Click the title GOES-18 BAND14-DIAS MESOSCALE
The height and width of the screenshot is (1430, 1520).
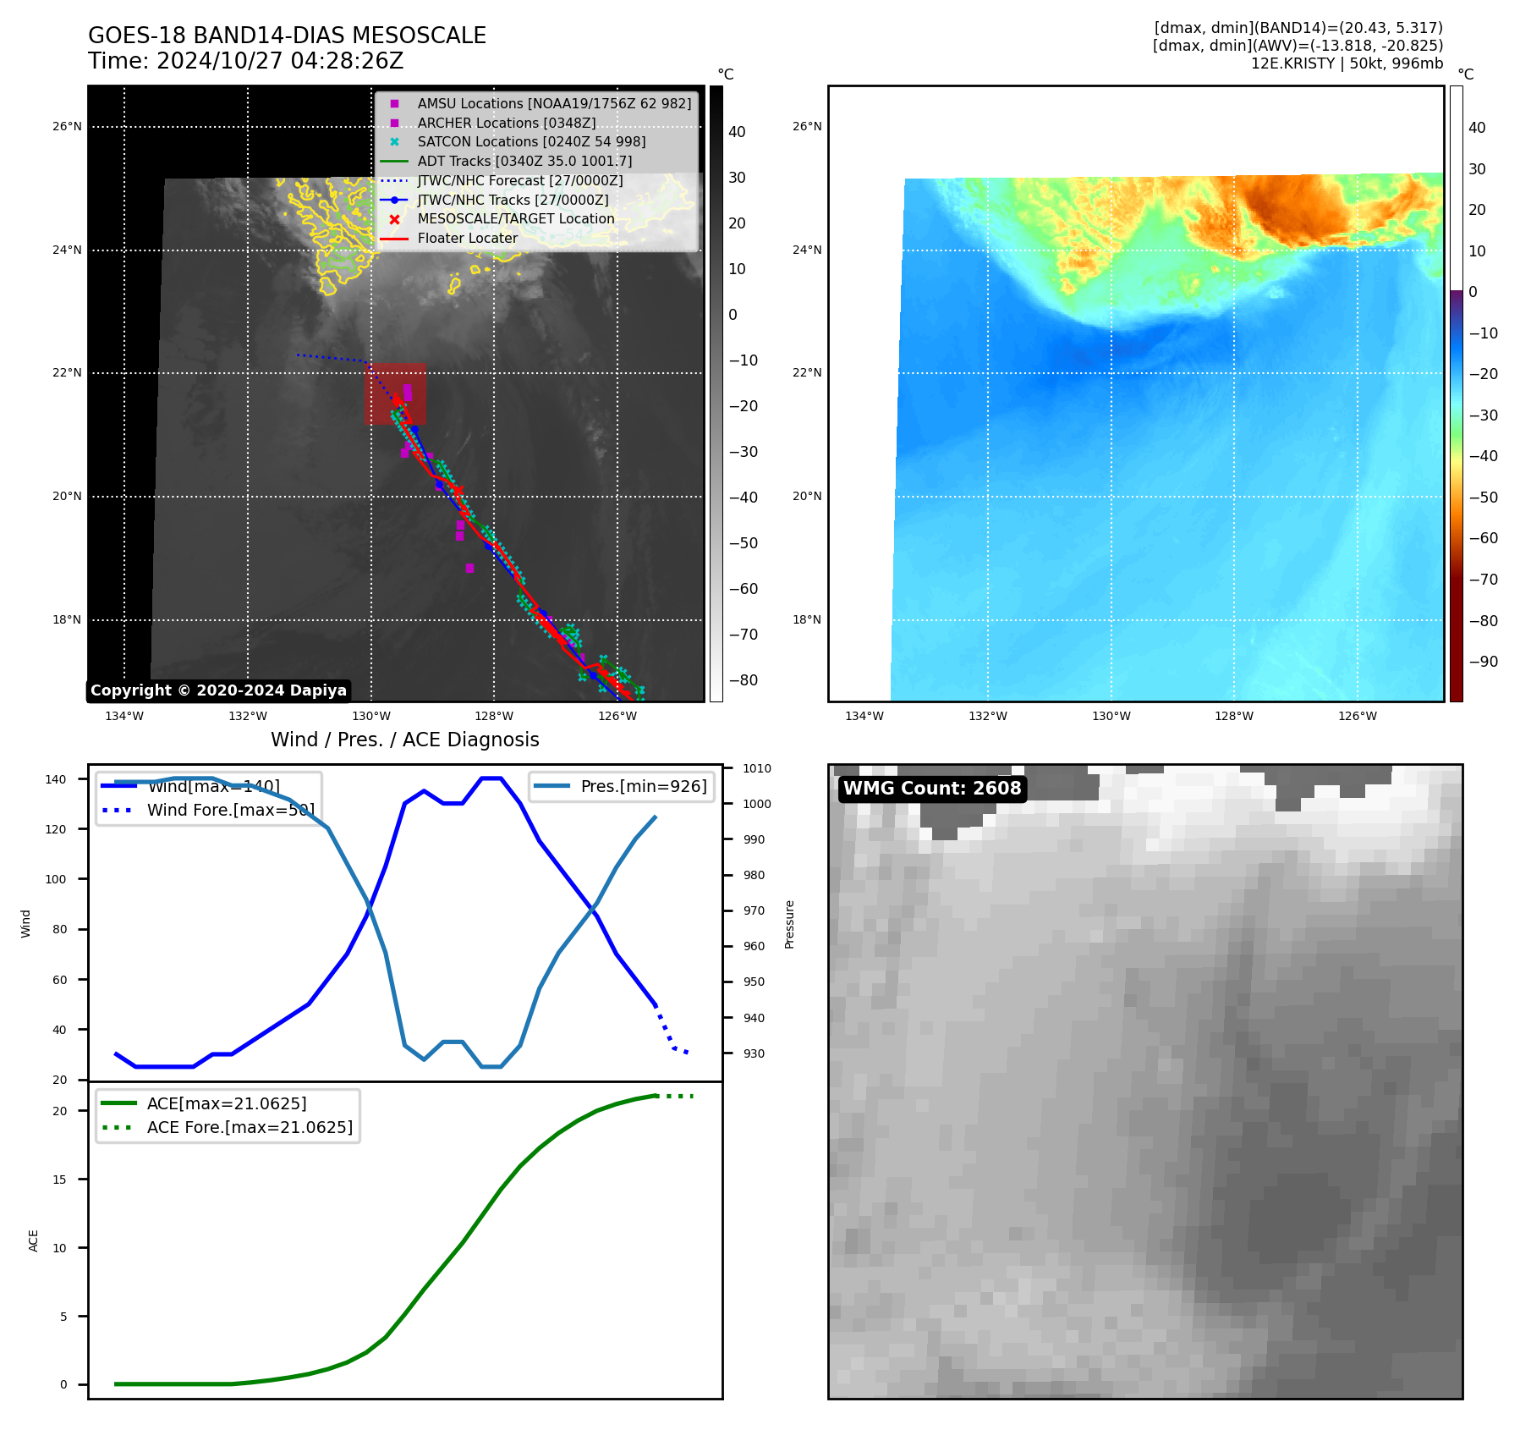(287, 36)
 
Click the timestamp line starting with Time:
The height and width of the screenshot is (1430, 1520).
(245, 61)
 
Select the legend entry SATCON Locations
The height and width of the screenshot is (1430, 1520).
(531, 141)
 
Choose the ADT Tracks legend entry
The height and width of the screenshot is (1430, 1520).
(524, 161)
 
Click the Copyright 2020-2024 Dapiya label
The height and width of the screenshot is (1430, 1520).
(218, 690)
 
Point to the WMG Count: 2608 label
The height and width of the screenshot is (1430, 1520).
(932, 789)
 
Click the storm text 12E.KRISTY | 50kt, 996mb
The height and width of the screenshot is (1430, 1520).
(1347, 63)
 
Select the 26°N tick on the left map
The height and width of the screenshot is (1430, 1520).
(67, 127)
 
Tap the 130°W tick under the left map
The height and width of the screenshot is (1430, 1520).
(370, 717)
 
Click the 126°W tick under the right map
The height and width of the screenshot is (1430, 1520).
(1357, 717)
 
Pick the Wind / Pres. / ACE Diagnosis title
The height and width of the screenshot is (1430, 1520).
(404, 740)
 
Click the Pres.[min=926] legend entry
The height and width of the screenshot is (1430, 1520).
(643, 786)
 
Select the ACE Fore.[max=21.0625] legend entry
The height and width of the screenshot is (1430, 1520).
(250, 1127)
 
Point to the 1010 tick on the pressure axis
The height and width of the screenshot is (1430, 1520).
(757, 768)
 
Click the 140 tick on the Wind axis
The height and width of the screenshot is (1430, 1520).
(56, 779)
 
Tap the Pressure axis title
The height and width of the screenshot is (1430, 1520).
(789, 924)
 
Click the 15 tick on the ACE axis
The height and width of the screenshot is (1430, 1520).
(59, 1180)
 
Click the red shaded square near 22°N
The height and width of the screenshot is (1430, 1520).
(395, 393)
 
